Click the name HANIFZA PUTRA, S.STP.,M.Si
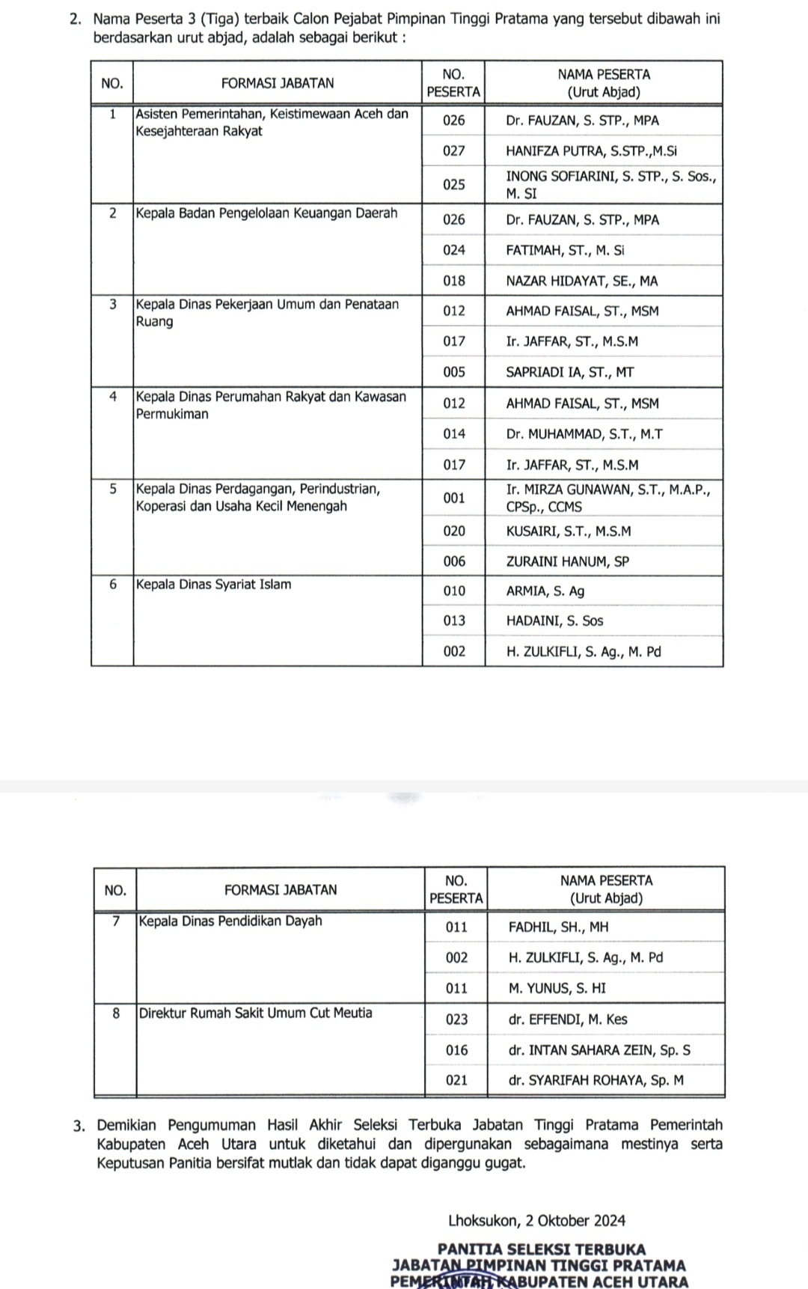pyautogui.click(x=591, y=151)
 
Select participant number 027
pyautogui.click(x=453, y=151)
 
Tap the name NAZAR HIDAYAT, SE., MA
pyautogui.click(x=581, y=281)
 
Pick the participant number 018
pyautogui.click(x=453, y=281)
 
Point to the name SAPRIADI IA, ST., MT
pyautogui.click(x=569, y=372)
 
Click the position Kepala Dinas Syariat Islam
pyautogui.click(x=214, y=585)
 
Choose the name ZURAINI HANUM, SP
pyautogui.click(x=567, y=561)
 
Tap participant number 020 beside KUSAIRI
pyautogui.click(x=453, y=531)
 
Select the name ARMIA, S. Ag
pyautogui.click(x=545, y=591)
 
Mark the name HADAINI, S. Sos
pyautogui.click(x=554, y=621)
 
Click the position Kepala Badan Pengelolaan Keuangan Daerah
pyautogui.click(x=267, y=213)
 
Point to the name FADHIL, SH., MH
pyautogui.click(x=558, y=927)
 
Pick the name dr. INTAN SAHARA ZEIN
pyautogui.click(x=599, y=1050)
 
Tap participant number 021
pyautogui.click(x=456, y=1080)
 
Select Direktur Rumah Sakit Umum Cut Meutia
pyautogui.click(x=255, y=1014)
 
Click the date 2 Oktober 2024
pyautogui.click(x=575, y=1221)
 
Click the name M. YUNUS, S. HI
pyautogui.click(x=557, y=988)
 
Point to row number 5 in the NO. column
pyautogui.click(x=112, y=490)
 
